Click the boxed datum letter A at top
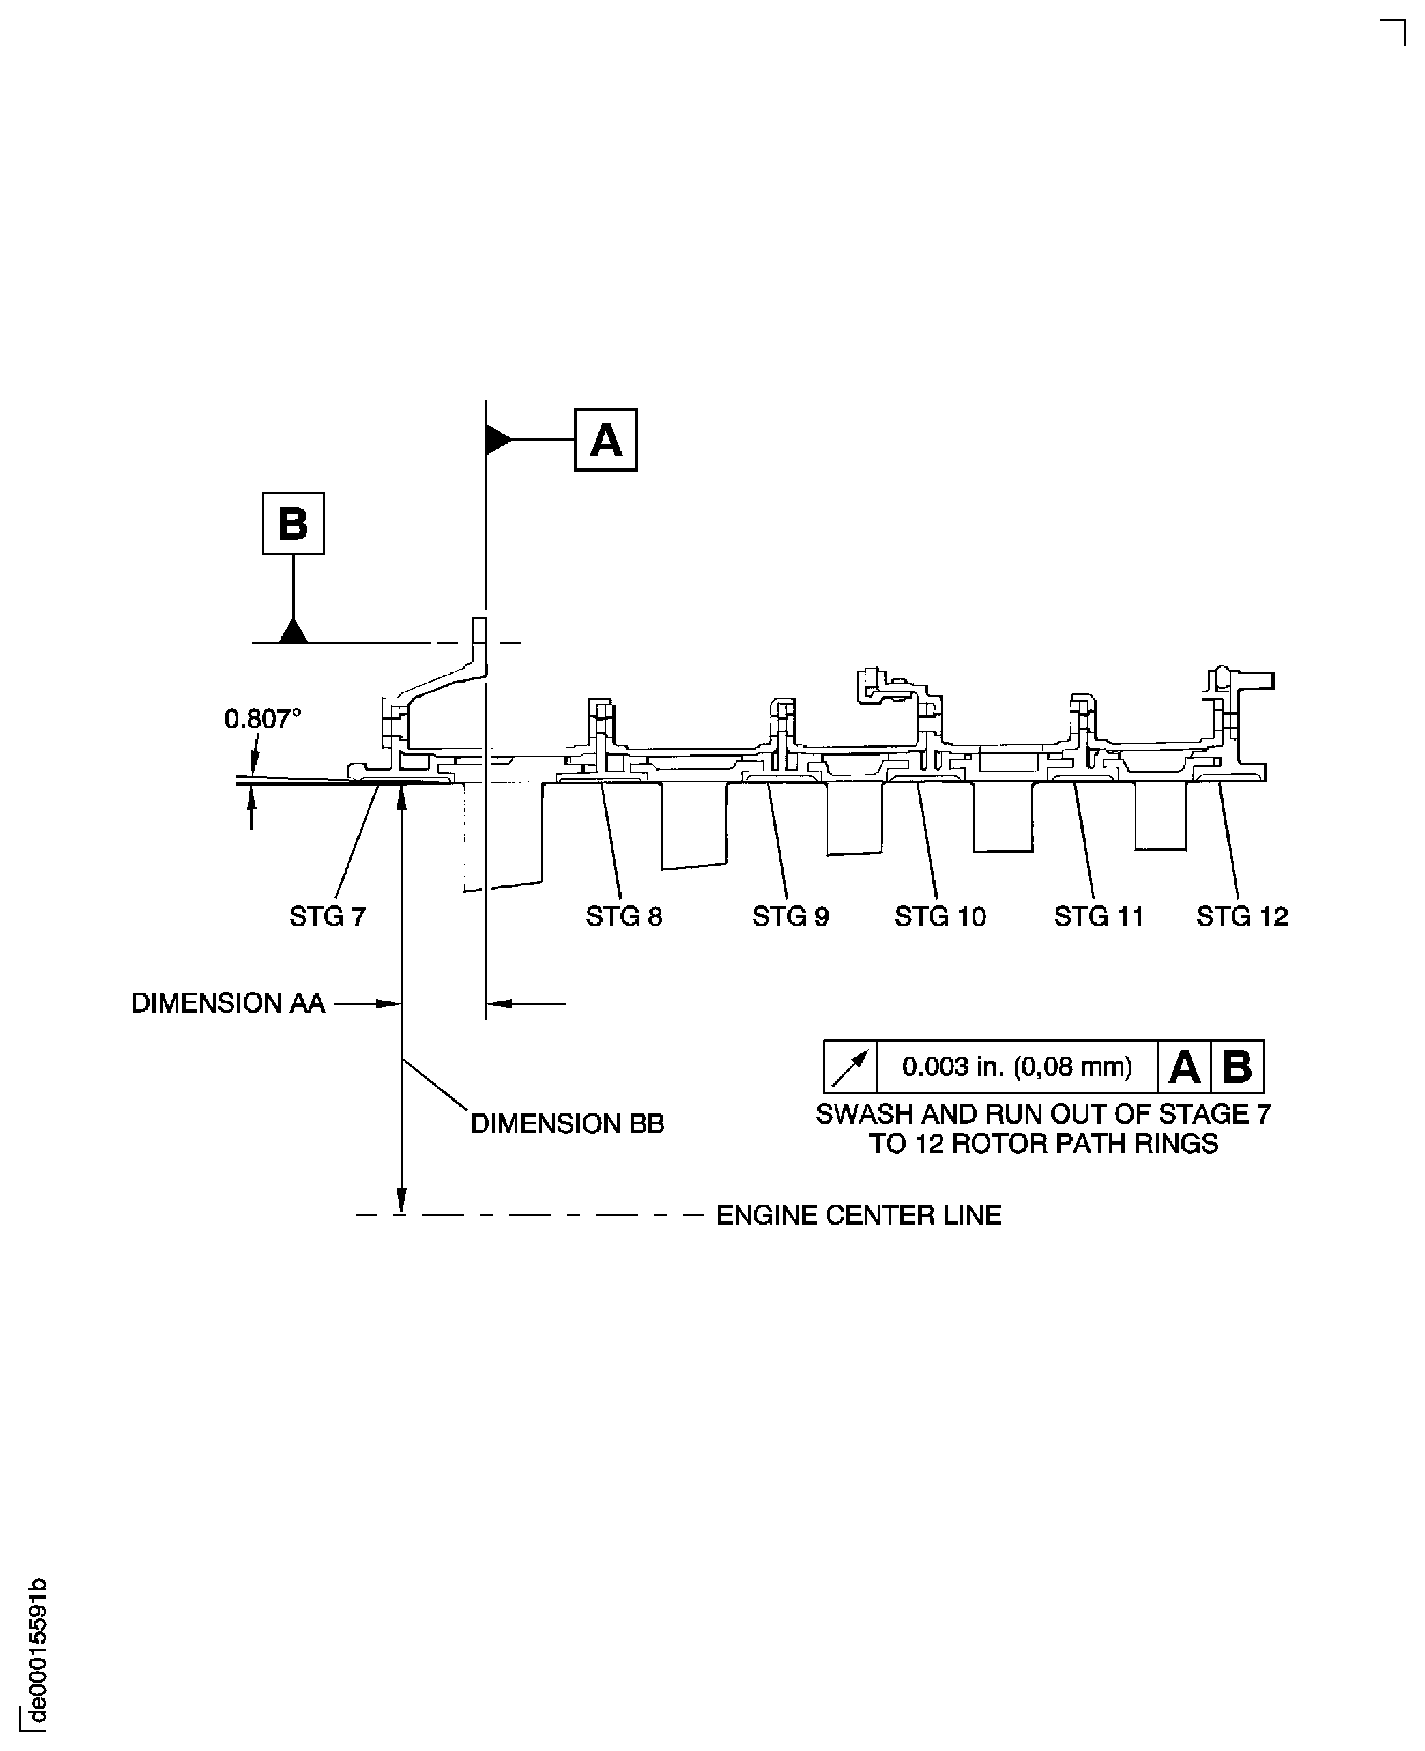click(x=606, y=440)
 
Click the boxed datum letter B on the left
click(x=293, y=524)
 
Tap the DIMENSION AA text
click(x=228, y=1003)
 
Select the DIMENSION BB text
click(x=567, y=1123)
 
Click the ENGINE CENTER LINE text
click(x=859, y=1215)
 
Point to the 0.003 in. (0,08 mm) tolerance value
click(x=1017, y=1067)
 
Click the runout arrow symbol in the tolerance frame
click(x=850, y=1067)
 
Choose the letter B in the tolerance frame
click(x=1237, y=1067)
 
